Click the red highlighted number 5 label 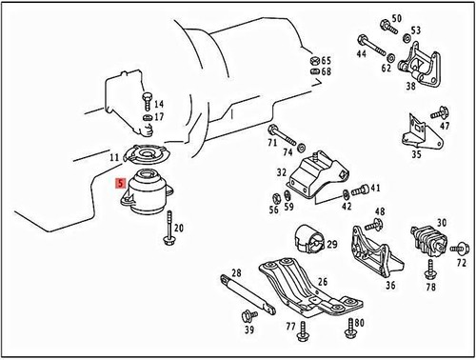click(121, 184)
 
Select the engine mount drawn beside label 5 click(148, 191)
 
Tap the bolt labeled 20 click(169, 228)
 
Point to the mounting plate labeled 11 click(148, 154)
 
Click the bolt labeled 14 click(148, 101)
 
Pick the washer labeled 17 click(148, 118)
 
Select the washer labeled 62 click(391, 58)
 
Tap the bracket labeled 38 click(419, 65)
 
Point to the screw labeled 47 click(440, 112)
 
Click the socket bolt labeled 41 click(360, 190)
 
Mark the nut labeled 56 click(276, 198)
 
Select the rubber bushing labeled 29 click(309, 239)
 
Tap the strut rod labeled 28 click(248, 294)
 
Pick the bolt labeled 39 click(248, 316)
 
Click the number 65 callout click(327, 60)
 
